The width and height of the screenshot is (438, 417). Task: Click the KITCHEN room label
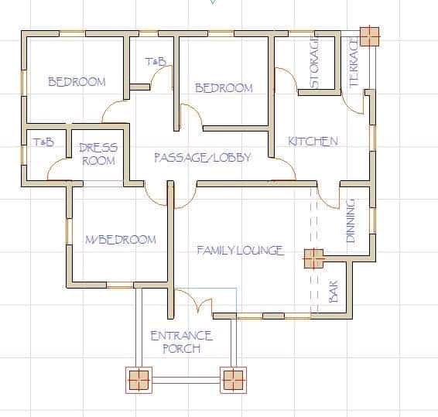(x=313, y=142)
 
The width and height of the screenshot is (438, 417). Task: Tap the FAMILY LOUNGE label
(x=241, y=250)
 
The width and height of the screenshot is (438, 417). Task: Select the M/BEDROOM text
(x=121, y=240)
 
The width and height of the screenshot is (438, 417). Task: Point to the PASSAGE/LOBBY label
(x=203, y=157)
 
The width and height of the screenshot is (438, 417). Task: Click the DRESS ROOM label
(x=98, y=154)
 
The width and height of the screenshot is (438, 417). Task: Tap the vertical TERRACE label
(x=354, y=62)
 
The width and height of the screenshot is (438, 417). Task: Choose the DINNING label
(x=351, y=220)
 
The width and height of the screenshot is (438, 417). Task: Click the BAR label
(x=334, y=291)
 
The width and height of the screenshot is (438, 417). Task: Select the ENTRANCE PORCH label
(x=182, y=342)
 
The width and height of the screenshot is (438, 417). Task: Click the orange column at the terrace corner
(x=369, y=36)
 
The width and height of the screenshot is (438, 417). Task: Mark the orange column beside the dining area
(x=313, y=258)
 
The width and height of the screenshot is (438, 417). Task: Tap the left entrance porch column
(x=139, y=380)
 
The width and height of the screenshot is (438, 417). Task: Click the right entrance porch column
(x=233, y=380)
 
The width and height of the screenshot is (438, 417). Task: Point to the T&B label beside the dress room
(x=44, y=142)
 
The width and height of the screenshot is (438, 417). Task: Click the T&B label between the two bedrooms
(x=156, y=61)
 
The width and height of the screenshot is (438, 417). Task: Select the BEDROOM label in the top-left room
(x=77, y=81)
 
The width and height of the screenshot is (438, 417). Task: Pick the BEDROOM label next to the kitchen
(x=224, y=88)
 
